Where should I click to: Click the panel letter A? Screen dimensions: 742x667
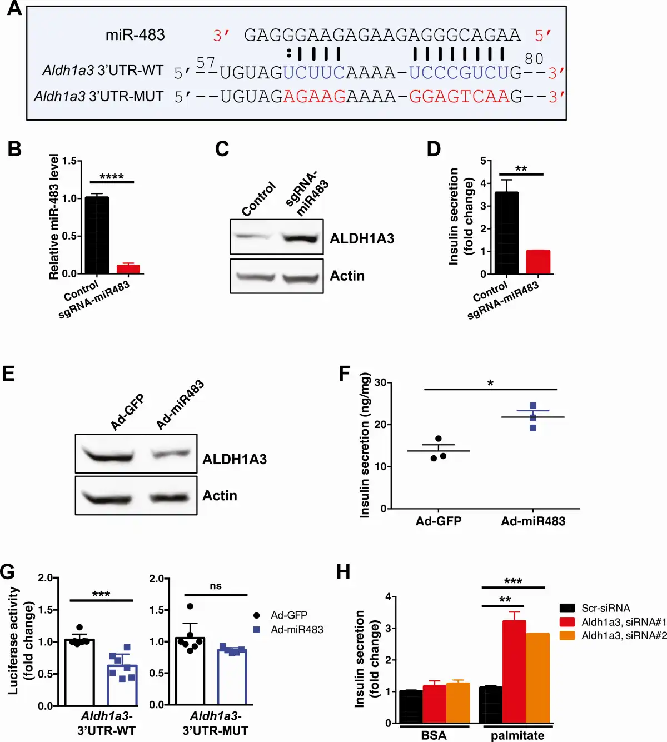pos(14,9)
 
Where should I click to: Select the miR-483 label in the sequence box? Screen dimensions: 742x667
pos(135,35)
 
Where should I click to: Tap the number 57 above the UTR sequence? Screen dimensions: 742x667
pos(206,63)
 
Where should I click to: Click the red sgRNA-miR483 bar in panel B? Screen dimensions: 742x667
pos(128,269)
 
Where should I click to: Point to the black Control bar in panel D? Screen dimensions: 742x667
pos(506,233)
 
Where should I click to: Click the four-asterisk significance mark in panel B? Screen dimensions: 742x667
pos(112,177)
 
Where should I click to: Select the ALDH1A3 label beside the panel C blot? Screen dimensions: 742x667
pos(362,238)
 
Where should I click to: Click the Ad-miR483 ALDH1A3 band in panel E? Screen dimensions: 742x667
pos(172,454)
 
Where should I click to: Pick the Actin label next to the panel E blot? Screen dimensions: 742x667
pos(220,495)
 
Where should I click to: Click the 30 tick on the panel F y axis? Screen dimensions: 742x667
pos(380,382)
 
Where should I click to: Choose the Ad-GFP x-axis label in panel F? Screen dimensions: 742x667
pos(439,521)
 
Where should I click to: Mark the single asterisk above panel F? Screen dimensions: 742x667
pos(490,383)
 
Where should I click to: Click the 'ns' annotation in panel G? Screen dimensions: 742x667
pos(216,586)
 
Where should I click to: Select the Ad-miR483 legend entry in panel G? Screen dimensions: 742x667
pos(296,630)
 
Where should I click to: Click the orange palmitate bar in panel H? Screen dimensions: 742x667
pos(537,678)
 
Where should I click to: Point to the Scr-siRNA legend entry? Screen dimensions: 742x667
pos(605,608)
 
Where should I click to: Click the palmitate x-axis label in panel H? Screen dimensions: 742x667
pos(517,735)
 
